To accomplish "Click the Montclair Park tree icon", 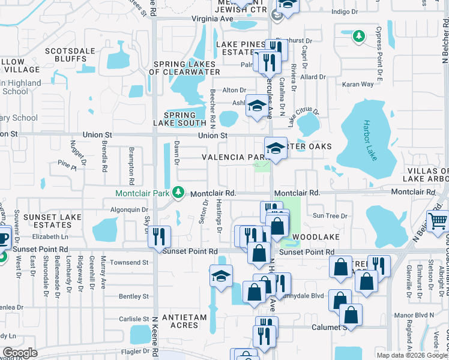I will tap(178, 193).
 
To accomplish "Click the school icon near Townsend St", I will tap(221, 276).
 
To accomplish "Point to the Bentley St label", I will tap(134, 296).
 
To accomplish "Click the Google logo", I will tap(20, 353).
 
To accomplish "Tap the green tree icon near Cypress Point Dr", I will tap(359, 37).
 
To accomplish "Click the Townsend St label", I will tap(129, 263).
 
